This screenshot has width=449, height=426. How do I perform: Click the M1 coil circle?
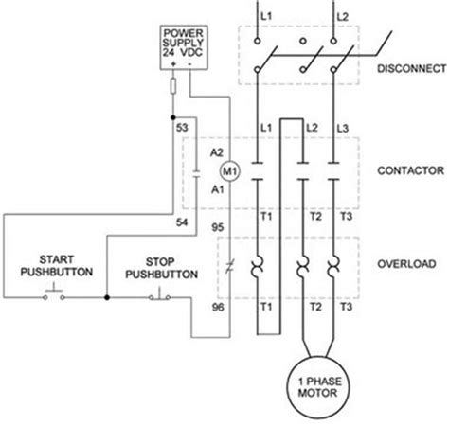point(227,170)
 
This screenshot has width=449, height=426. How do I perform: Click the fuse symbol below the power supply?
point(173,87)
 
